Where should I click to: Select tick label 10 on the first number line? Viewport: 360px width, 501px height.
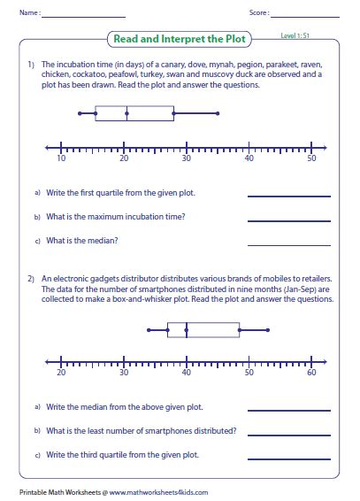tap(61, 159)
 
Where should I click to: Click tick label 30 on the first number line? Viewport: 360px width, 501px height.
tap(187, 159)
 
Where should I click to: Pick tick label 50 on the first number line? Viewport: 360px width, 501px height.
tap(311, 159)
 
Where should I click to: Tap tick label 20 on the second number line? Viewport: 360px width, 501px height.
tap(61, 373)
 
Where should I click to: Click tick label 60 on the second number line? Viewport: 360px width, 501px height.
tap(311, 373)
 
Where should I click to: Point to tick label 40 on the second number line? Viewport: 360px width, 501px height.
tap(187, 373)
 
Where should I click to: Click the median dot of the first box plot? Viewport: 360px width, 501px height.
tap(127, 112)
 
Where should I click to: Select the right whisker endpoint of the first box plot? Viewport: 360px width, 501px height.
tap(218, 112)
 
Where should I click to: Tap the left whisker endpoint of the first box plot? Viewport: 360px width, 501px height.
tap(80, 112)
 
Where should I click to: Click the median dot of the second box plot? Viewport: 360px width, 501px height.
tap(187, 331)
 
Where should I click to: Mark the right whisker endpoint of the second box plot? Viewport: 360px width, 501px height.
tap(267, 331)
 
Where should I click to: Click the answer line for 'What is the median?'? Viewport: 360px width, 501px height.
tap(288, 243)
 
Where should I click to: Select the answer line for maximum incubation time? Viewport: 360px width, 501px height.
tap(288, 220)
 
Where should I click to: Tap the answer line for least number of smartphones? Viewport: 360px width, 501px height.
tap(288, 434)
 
